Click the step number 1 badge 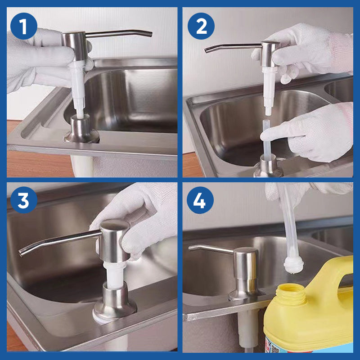pos(23,26)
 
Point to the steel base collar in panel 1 pos(81,130)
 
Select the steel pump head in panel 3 pos(114,238)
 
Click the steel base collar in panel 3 pos(115,299)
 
